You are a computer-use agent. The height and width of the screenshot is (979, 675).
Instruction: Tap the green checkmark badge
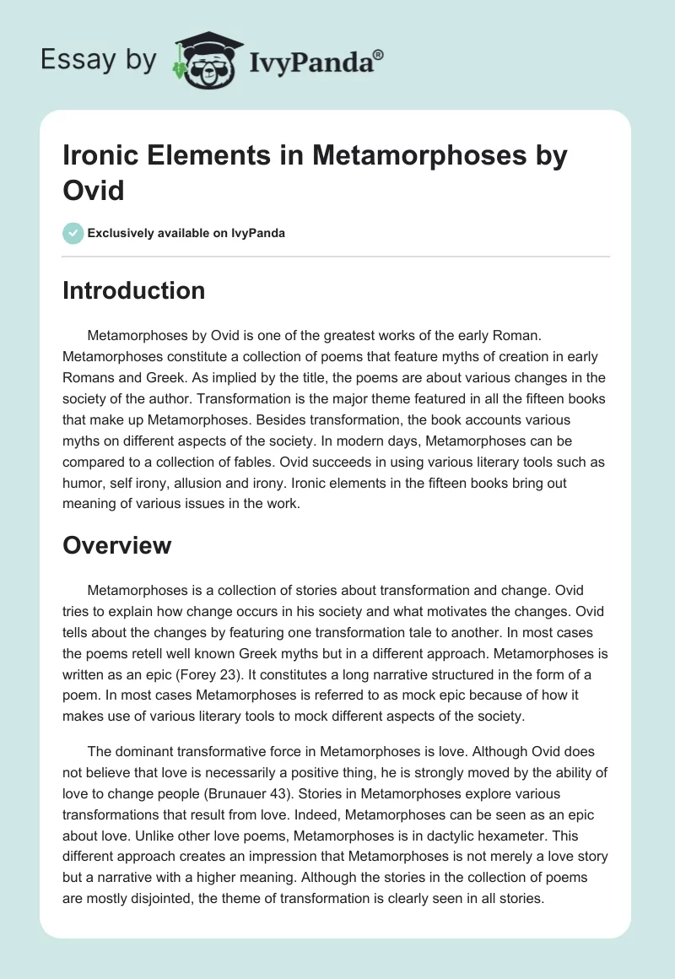click(73, 233)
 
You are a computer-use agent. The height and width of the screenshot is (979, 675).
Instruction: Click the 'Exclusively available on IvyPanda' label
click(186, 234)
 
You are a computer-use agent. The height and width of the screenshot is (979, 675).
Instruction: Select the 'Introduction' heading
click(134, 290)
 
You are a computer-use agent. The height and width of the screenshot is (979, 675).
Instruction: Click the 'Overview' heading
click(117, 545)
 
